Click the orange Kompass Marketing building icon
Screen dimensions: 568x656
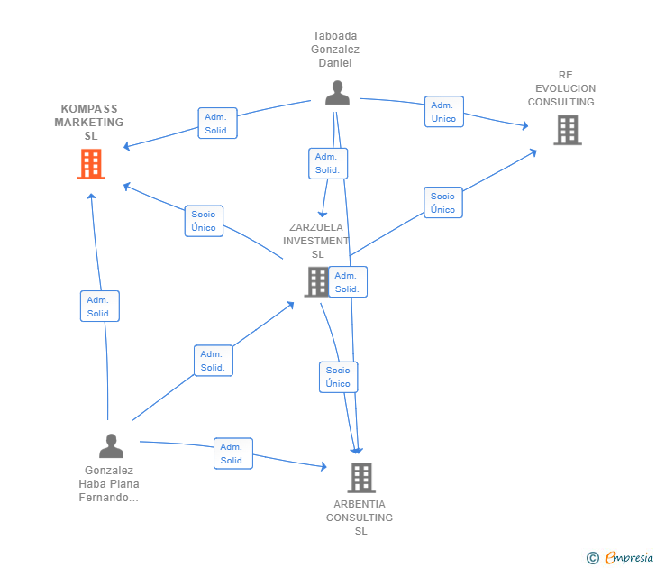coord(90,164)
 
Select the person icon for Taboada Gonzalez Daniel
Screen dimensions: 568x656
coord(337,93)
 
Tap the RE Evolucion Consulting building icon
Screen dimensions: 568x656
coord(567,130)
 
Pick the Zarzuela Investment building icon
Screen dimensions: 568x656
coord(316,281)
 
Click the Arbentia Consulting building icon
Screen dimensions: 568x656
coord(360,477)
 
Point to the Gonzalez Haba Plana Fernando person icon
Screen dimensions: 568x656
coord(111,445)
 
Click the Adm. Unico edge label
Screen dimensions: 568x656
coord(443,112)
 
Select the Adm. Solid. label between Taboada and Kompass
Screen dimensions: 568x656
coord(217,124)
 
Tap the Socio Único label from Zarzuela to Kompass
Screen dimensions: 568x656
coord(204,221)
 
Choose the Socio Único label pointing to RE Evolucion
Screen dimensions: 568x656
coord(442,203)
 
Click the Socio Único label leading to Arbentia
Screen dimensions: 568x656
coord(338,377)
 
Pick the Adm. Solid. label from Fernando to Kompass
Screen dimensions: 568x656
coord(99,307)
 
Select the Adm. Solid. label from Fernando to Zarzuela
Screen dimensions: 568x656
coord(214,361)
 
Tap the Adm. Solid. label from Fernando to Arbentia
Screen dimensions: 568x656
coord(232,453)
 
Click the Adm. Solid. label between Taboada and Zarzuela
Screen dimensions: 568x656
coord(327,163)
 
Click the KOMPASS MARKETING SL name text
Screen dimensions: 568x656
coord(89,122)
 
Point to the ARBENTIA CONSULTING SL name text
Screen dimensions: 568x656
coord(360,518)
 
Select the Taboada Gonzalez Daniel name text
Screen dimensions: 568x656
coord(335,50)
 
